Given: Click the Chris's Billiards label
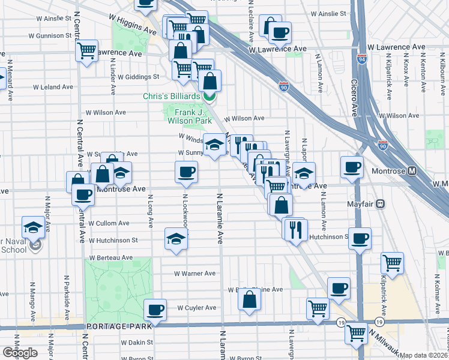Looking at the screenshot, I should pos(171,97).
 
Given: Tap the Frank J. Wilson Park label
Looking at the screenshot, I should pos(190,116).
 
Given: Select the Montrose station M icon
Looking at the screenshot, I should pos(412,170).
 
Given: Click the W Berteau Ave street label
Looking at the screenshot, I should pos(110,257).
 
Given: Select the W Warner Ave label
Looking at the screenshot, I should pos(194,274).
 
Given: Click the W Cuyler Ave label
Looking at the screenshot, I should pos(196,308).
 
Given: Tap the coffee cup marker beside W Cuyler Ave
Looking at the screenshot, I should pos(155,310).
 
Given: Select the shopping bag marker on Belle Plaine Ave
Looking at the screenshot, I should pos(250,299).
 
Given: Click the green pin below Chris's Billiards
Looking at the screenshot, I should pos(209,97).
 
